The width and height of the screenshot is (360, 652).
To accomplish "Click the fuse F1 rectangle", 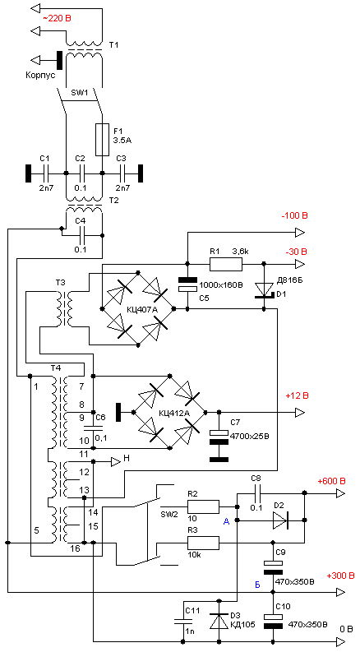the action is click(x=102, y=140).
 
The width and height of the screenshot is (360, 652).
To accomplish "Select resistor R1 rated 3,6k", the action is click(x=225, y=264).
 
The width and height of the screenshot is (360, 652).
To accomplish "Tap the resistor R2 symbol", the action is click(x=203, y=506).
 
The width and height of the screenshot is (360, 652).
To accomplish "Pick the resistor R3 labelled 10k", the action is click(x=203, y=543).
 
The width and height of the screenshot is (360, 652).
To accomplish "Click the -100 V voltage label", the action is click(x=294, y=216).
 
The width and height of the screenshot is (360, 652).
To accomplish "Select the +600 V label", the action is click(x=331, y=482).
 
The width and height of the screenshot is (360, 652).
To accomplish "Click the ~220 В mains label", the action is click(x=54, y=18).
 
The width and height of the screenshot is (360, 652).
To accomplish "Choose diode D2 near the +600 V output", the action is click(x=281, y=520).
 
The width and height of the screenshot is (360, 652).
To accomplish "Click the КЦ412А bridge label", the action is click(x=173, y=414).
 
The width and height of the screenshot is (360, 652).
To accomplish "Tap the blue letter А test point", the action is click(x=226, y=522).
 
